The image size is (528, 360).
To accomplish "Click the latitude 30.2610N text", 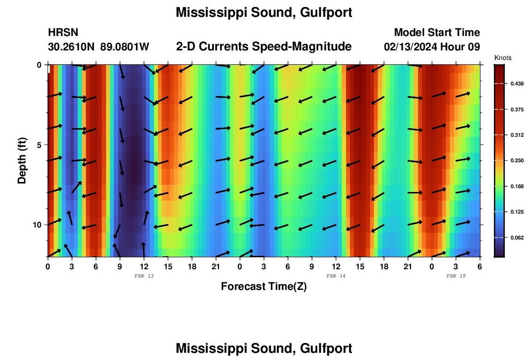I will pos(72,47).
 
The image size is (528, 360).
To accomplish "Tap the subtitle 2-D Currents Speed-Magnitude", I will pos(264,47).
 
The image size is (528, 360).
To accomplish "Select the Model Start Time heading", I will pos(437,33).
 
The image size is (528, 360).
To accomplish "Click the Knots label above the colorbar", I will pos(503,58).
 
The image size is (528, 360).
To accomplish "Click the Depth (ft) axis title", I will pos(22,161).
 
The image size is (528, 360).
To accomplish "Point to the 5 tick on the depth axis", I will pos(39,144).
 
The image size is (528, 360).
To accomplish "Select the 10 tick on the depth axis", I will pos(37,225).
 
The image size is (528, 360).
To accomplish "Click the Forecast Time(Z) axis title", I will pos(264,287).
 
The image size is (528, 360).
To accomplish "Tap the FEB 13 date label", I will pos(144,276).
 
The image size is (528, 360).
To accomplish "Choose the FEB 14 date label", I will pos(336,276).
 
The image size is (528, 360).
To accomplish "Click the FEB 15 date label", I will pos(456,276).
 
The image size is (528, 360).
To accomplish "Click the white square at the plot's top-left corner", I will pos(49,69).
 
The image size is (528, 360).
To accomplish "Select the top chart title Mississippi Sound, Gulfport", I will pos(264,12).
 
